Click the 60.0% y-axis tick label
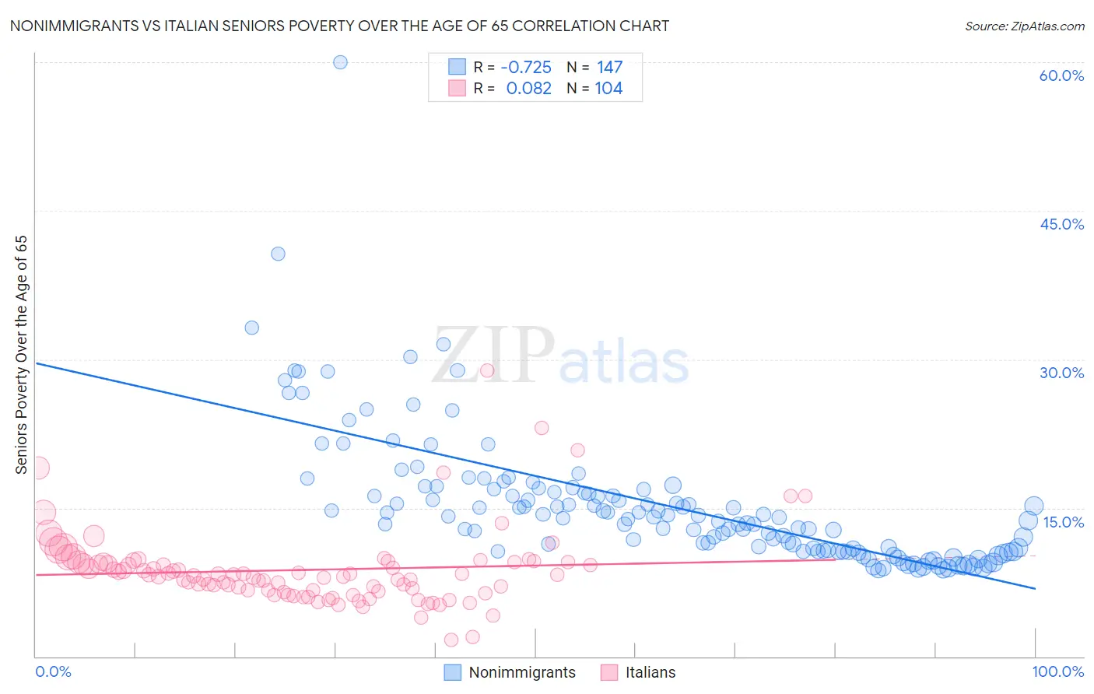pyautogui.click(x=1061, y=75)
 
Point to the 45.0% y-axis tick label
pyautogui.click(x=1061, y=224)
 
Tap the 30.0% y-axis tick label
pyautogui.click(x=1061, y=373)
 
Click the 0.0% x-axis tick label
pyautogui.click(x=53, y=671)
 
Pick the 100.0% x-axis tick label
pyautogui.click(x=1057, y=671)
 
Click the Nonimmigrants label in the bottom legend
pyautogui.click(x=522, y=672)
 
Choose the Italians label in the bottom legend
pyautogui.click(x=650, y=672)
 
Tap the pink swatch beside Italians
pyautogui.click(x=609, y=672)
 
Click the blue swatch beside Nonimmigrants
pyautogui.click(x=452, y=672)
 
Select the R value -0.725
pyautogui.click(x=525, y=68)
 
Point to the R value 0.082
pyautogui.click(x=528, y=89)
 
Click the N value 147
pyautogui.click(x=609, y=68)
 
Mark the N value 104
pyautogui.click(x=608, y=89)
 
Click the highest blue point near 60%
pyautogui.click(x=340, y=62)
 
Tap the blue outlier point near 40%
pyautogui.click(x=278, y=254)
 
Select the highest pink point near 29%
pyautogui.click(x=487, y=370)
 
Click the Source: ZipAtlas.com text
pyautogui.click(x=1024, y=26)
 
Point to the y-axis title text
pyautogui.click(x=22, y=355)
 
